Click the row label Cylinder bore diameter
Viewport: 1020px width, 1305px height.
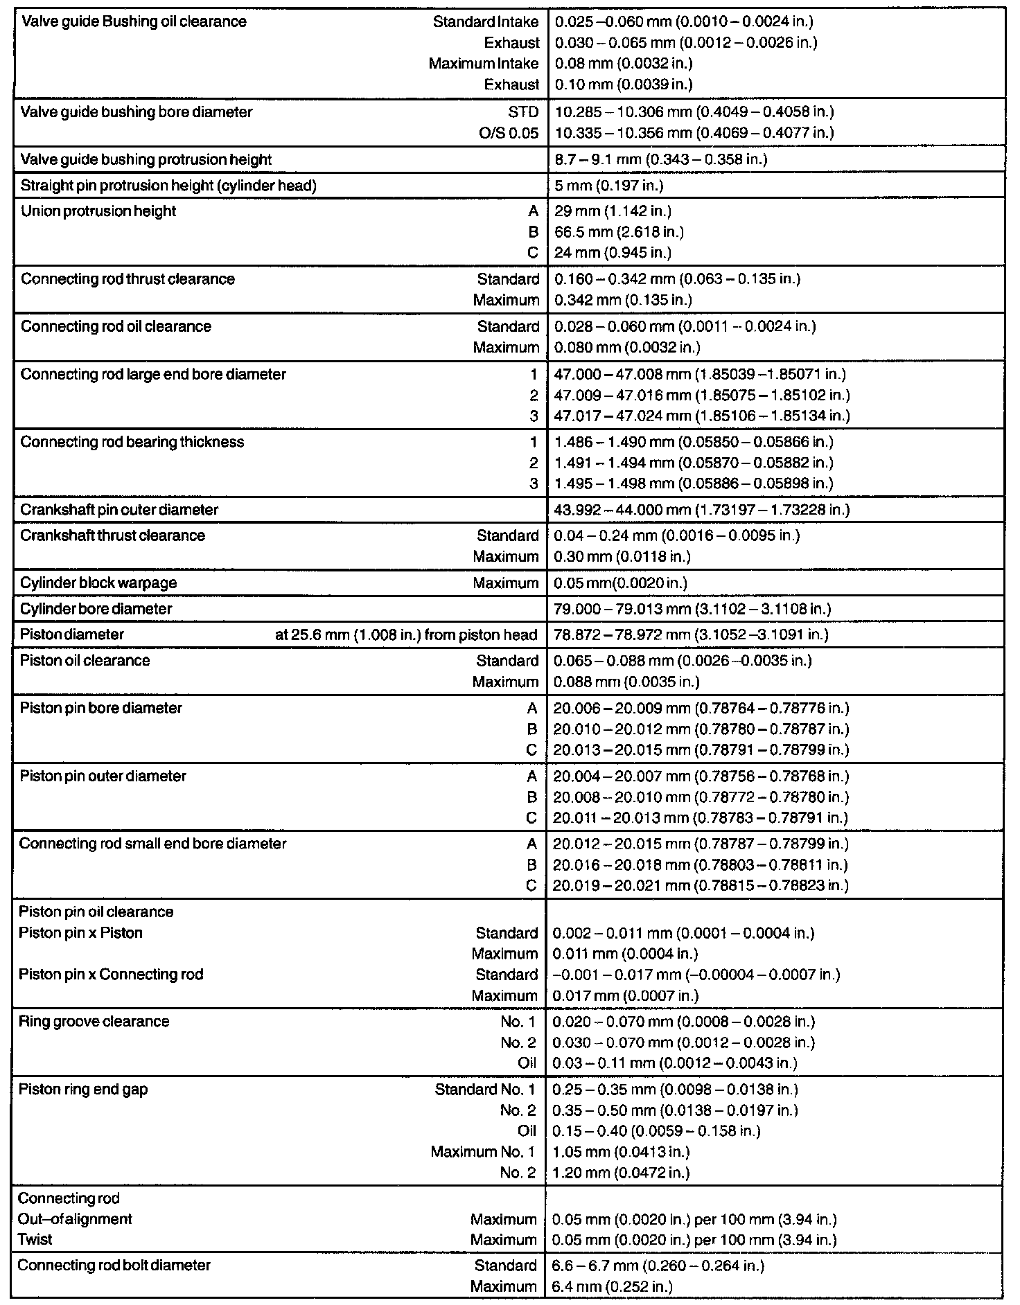point(96,609)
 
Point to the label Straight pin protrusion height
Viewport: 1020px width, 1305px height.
point(168,186)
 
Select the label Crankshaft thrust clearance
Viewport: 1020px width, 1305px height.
point(113,535)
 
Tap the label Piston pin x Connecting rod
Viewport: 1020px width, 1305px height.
point(111,975)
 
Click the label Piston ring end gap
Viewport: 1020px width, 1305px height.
point(83,1090)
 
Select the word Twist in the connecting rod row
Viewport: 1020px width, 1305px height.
point(35,1239)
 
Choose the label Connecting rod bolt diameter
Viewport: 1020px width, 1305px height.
point(114,1266)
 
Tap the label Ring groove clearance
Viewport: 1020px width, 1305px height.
point(94,1022)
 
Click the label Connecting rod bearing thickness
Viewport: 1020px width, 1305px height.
point(132,442)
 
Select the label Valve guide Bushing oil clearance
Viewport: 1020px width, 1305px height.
point(134,21)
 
